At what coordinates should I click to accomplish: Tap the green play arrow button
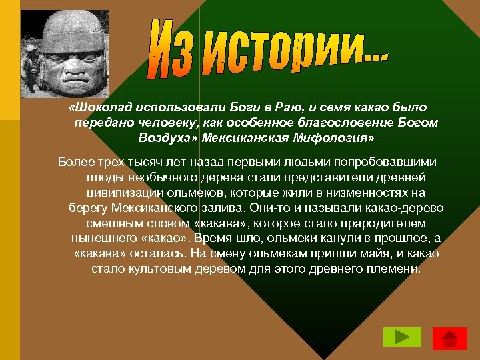pos(402,337)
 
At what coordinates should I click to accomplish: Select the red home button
pos(449,338)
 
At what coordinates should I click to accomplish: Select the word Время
pos(217,239)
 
